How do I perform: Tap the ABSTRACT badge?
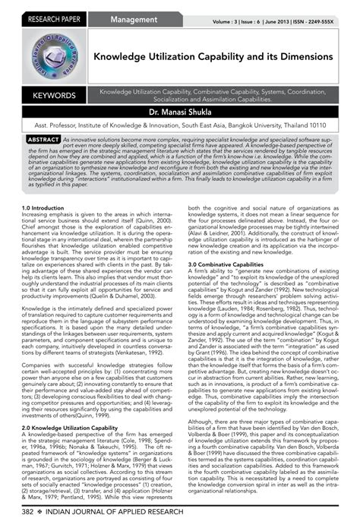pos(39,141)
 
